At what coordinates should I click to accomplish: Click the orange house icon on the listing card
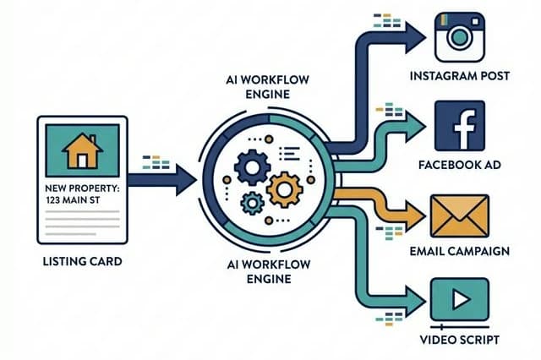[x=82, y=150]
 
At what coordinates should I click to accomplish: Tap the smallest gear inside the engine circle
[x=251, y=202]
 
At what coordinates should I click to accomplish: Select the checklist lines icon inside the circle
[x=289, y=153]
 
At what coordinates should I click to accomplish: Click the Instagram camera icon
[x=459, y=36]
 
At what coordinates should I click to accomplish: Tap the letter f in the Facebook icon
[x=461, y=126]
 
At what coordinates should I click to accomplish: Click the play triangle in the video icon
[x=460, y=301]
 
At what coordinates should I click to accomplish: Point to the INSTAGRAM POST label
[x=460, y=76]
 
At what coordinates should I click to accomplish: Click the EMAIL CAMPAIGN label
[x=460, y=251]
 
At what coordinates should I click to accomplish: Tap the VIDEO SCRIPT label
[x=460, y=340]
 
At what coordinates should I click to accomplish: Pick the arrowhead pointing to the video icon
[x=414, y=299]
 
